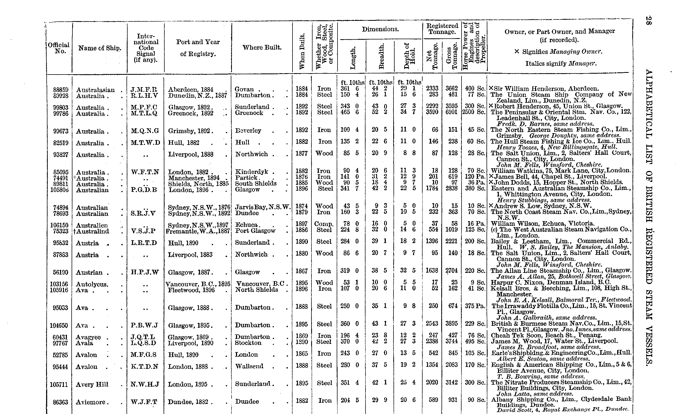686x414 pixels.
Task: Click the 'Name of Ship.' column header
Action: (100, 48)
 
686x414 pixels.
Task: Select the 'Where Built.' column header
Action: (262, 48)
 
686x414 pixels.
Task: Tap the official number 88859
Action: (61, 90)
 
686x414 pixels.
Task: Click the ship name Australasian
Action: (95, 90)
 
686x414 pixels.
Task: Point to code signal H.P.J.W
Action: (145, 272)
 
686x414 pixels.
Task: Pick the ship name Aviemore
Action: (91, 402)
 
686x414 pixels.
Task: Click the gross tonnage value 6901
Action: (451, 112)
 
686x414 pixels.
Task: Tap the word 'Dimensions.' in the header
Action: (380, 29)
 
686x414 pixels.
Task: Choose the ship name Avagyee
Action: (88, 337)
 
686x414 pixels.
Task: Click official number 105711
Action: (59, 384)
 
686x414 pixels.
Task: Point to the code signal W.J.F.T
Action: (144, 402)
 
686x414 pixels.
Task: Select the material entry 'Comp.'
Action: (324, 224)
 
